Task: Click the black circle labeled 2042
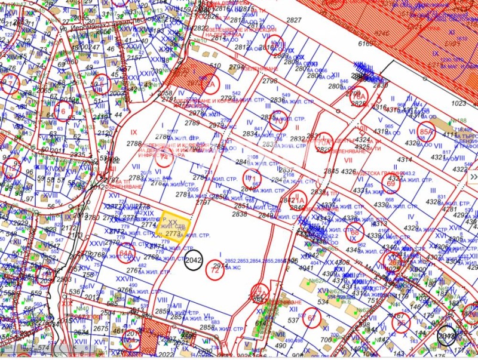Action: (194, 260)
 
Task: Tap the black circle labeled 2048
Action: (446, 335)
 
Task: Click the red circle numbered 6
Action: (65, 110)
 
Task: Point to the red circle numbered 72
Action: (215, 269)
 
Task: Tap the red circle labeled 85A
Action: (425, 133)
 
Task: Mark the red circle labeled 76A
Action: (359, 96)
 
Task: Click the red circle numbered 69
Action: (391, 184)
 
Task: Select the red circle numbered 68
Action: (354, 233)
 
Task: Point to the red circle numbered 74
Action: (163, 158)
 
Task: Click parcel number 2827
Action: (293, 20)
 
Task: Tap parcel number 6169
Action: (365, 43)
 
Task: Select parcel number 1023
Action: (458, 103)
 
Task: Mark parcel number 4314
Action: (405, 159)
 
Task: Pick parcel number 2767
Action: (124, 290)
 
